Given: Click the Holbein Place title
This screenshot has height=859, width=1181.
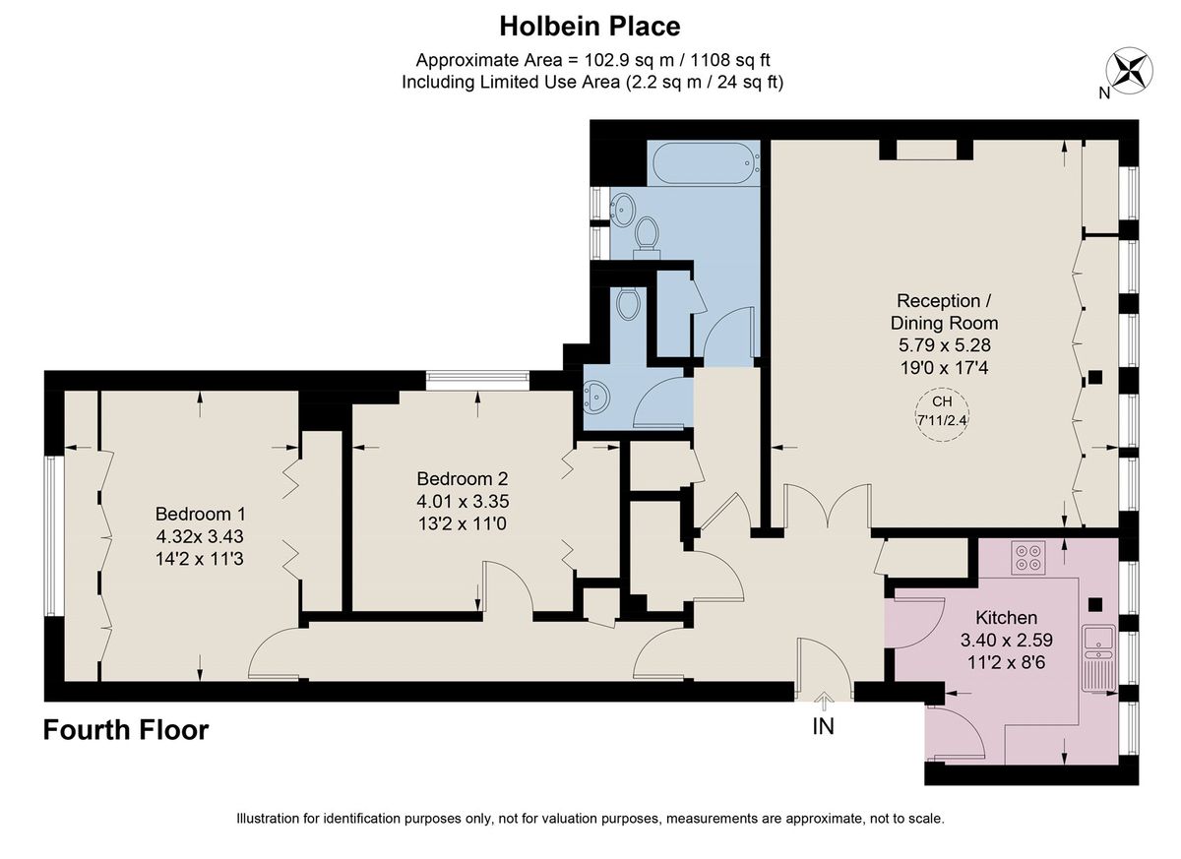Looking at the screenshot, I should point(590,25).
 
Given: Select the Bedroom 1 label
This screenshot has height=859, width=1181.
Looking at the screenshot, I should point(200,514).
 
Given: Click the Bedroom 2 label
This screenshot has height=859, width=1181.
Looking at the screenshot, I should point(462,479).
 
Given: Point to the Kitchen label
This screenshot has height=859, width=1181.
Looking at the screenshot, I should point(1006,618).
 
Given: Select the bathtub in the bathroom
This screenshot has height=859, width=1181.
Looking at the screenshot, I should point(703,162).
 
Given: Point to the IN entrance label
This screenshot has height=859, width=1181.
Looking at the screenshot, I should point(823,728).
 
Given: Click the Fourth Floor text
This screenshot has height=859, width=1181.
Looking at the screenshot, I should point(126,730).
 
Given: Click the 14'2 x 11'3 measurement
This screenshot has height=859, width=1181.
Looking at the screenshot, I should point(200,557).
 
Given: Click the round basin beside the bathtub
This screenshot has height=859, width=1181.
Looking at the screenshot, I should point(623,208).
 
